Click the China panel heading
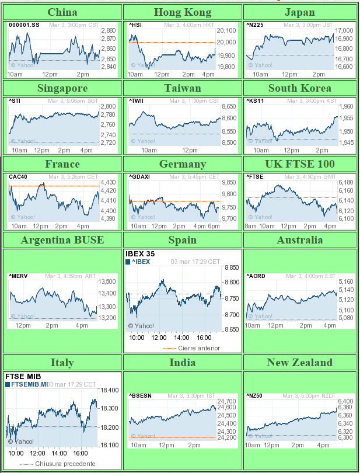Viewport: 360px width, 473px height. (62, 12)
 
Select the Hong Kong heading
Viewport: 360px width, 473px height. (182, 12)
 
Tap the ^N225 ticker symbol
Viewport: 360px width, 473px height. (255, 25)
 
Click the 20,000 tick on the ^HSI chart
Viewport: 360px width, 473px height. (226, 43)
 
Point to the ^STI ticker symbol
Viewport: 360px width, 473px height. (15, 101)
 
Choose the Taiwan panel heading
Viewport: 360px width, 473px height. (182, 88)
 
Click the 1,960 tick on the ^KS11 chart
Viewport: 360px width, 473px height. (346, 107)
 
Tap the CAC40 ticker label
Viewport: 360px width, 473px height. (18, 176)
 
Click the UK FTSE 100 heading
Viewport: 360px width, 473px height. (300, 164)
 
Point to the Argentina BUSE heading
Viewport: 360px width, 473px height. (62, 240)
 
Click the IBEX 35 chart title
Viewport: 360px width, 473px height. (141, 253)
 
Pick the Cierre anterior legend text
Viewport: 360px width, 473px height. (199, 348)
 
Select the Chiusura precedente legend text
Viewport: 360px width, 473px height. (65, 464)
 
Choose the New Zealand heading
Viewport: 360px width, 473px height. (300, 363)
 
